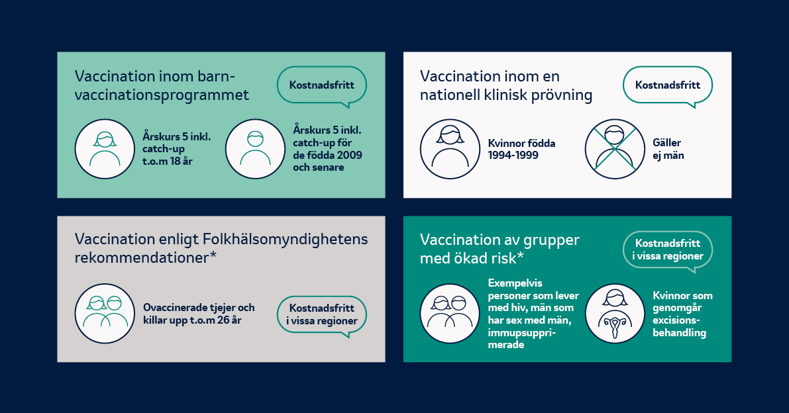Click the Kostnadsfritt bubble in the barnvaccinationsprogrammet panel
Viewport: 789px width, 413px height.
pos(321,85)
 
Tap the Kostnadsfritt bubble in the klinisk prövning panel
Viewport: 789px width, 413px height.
pos(668,85)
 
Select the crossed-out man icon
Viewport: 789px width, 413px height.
pos(614,149)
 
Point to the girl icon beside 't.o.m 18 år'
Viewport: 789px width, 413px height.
pos(105,149)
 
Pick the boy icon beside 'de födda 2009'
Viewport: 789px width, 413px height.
pos(255,149)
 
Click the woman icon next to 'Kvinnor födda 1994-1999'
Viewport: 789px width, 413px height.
pos(450,149)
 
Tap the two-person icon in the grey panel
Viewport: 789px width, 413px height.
pos(105,314)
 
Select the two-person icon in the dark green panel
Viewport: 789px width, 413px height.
pos(450,314)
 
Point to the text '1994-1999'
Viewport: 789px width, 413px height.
pos(513,156)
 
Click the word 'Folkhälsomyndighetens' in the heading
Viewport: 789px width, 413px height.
pos(286,239)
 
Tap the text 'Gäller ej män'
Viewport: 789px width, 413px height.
pos(668,149)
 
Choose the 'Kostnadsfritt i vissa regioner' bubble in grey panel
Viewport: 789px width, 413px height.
pos(321,315)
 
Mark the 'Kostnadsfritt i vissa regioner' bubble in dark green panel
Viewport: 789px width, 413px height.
pos(668,250)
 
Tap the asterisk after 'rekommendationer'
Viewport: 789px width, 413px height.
pos(213,255)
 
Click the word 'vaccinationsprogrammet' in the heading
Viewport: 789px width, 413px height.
pos(162,95)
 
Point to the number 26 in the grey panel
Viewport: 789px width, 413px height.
pos(223,320)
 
